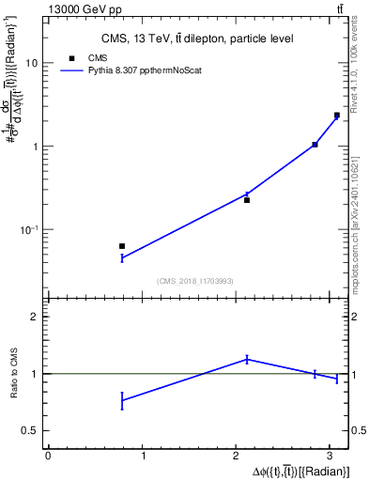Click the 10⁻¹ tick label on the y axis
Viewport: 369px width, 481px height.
point(30,230)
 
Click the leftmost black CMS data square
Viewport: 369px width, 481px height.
point(122,246)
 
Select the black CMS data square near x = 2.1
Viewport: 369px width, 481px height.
point(247,200)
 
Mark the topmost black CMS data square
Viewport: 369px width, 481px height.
point(337,115)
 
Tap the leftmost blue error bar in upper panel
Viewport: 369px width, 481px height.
point(122,257)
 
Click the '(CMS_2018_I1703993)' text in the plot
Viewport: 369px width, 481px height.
point(196,282)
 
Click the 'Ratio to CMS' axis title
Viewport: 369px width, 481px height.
point(13,373)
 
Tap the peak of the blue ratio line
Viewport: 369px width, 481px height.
point(247,358)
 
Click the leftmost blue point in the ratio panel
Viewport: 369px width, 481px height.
point(122,400)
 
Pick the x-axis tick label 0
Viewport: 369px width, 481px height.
point(48,456)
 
